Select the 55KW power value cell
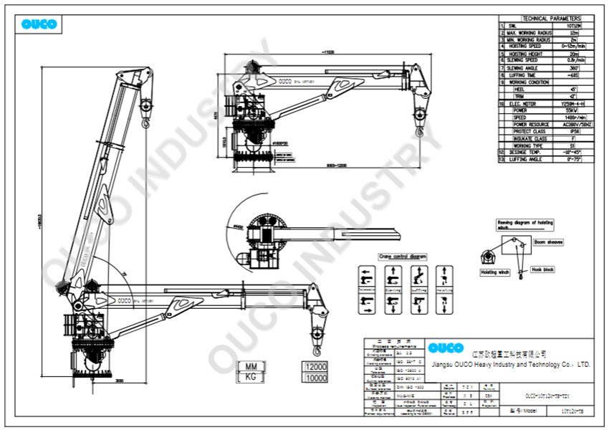pos(562,110)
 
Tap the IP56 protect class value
pos(562,131)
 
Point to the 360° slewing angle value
pos(562,68)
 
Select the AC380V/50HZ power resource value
pos(562,125)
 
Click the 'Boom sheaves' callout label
pos(548,242)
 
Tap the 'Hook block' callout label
pos(543,269)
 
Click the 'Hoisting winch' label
pos(494,272)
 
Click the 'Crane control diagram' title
pos(403,256)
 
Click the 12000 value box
pos(315,366)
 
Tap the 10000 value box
pos(315,378)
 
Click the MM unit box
pos(251,366)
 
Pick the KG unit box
pos(251,378)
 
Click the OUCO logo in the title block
pos(446,348)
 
